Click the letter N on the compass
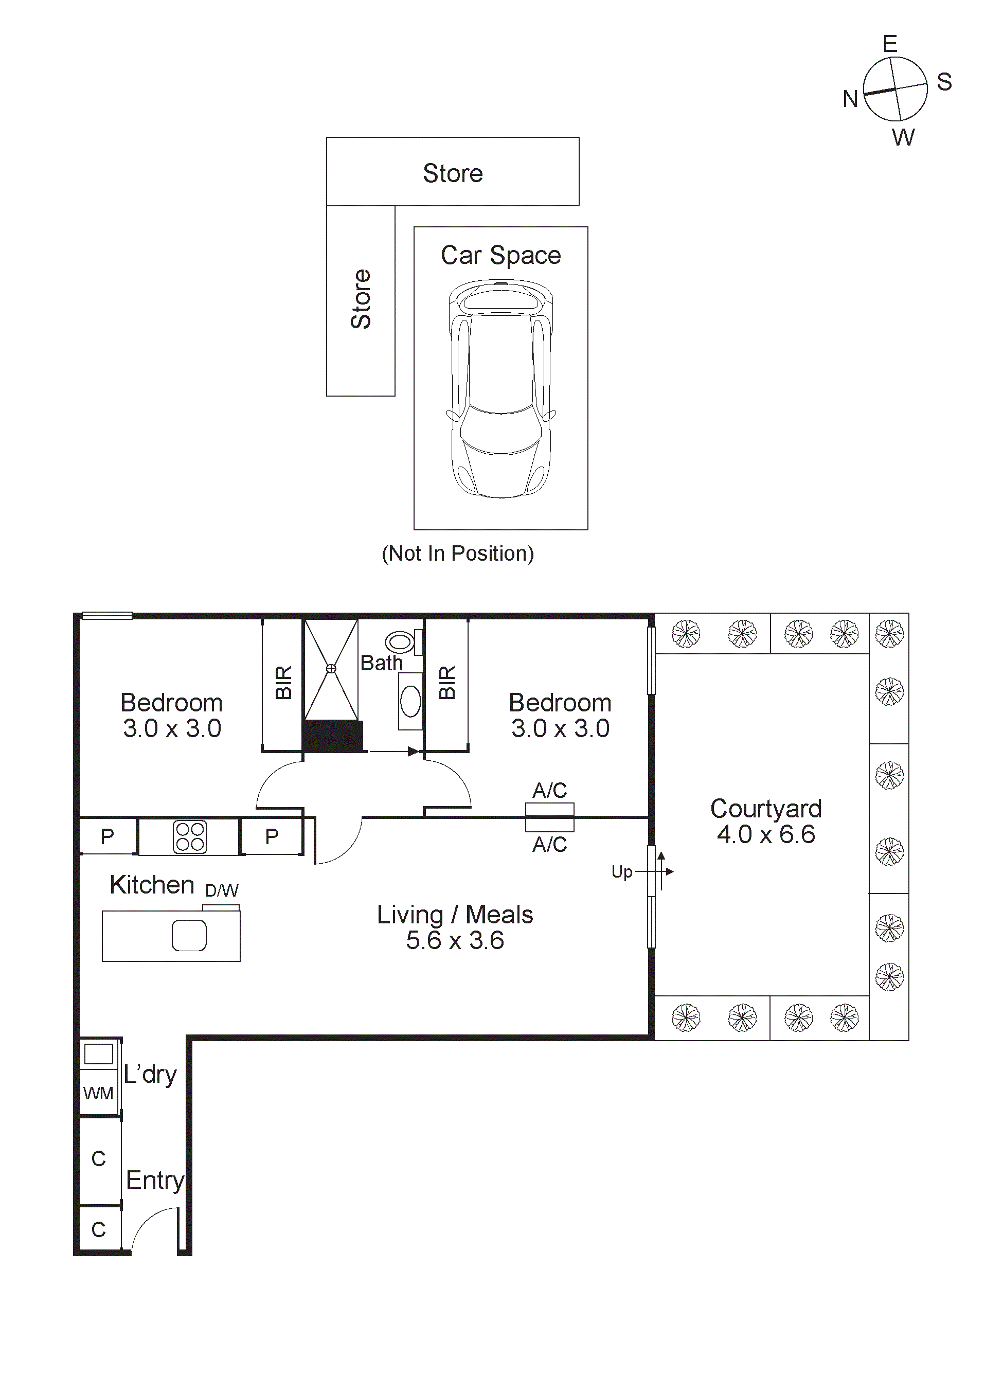click(850, 99)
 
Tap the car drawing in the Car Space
click(501, 388)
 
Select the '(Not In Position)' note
click(457, 553)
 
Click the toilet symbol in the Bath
click(400, 642)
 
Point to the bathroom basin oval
click(410, 701)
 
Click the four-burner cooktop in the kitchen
click(190, 836)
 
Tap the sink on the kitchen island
click(189, 936)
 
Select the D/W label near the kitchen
click(221, 890)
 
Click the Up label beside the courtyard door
click(622, 872)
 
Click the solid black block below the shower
click(332, 736)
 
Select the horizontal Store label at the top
click(453, 173)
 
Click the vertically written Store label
click(361, 299)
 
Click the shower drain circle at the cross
click(331, 669)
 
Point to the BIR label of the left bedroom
click(283, 683)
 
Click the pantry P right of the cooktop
click(272, 836)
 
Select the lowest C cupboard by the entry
click(98, 1230)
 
